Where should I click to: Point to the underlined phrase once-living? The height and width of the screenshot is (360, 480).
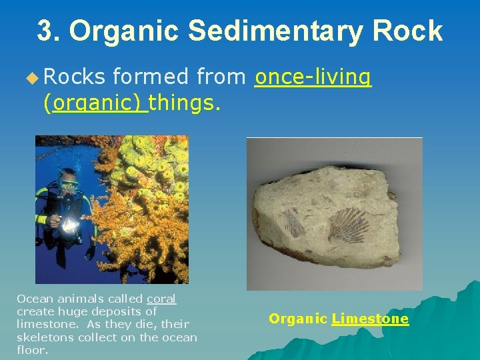(x=313, y=78)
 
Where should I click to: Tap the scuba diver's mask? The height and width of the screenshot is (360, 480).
(x=69, y=182)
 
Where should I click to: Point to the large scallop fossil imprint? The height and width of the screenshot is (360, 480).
(x=348, y=225)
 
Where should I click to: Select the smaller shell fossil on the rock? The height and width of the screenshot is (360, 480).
(x=293, y=223)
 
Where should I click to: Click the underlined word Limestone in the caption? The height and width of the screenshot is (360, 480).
(x=370, y=319)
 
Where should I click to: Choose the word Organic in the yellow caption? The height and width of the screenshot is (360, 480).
(x=297, y=319)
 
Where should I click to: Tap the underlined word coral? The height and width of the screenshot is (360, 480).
(x=161, y=299)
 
